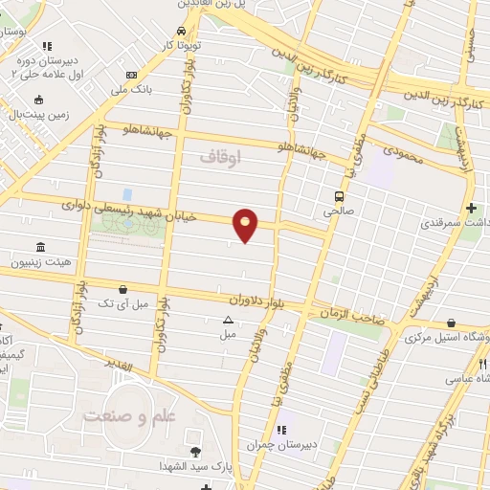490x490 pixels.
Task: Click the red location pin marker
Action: (246, 225)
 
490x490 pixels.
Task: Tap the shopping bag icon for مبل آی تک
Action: (122, 288)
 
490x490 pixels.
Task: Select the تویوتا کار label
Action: (181, 45)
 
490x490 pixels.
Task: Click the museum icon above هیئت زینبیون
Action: (41, 246)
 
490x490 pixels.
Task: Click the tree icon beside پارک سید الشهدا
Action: (196, 451)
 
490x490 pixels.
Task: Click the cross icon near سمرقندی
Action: (471, 208)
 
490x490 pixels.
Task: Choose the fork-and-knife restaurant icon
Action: (483, 365)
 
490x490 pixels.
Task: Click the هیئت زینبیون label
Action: (33, 262)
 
